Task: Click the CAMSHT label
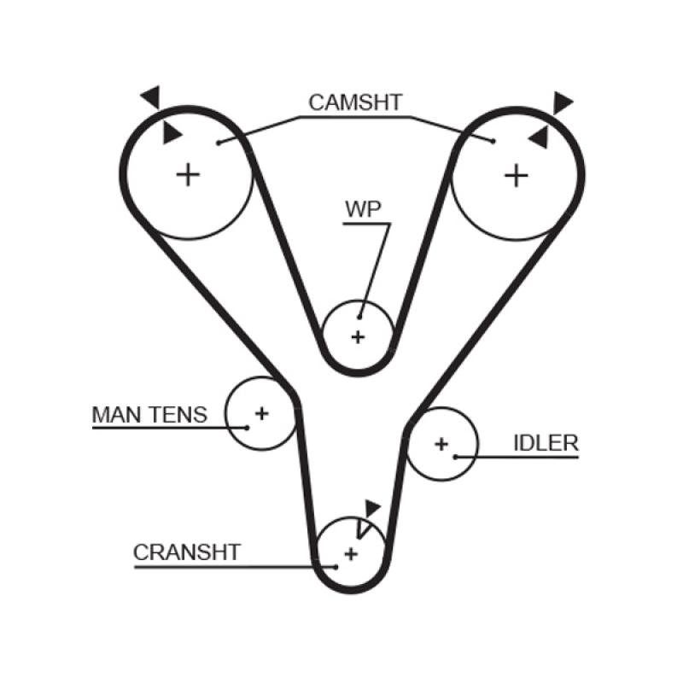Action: click(x=354, y=103)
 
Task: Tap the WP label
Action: click(x=363, y=209)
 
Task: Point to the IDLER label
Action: click(x=546, y=442)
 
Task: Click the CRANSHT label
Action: click(x=187, y=552)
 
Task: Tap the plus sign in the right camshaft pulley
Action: click(x=516, y=175)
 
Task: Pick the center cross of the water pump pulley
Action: click(x=358, y=336)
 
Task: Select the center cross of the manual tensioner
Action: click(x=262, y=414)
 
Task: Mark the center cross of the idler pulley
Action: click(x=441, y=444)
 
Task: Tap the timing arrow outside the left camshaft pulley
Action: click(x=151, y=96)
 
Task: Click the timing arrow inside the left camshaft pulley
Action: click(x=172, y=132)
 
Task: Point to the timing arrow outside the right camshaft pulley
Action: click(x=562, y=102)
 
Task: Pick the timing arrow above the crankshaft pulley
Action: click(x=371, y=507)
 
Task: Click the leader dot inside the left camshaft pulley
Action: click(x=219, y=143)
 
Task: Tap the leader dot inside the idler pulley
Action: click(x=456, y=457)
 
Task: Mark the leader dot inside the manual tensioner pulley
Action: click(x=246, y=425)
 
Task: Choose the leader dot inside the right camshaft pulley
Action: click(x=493, y=142)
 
